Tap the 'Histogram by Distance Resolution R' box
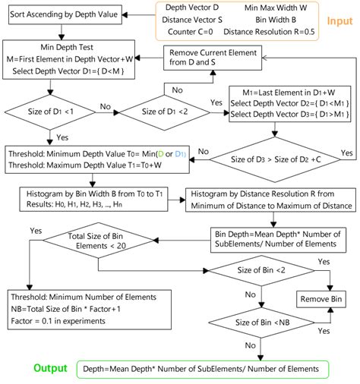point(270,200)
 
